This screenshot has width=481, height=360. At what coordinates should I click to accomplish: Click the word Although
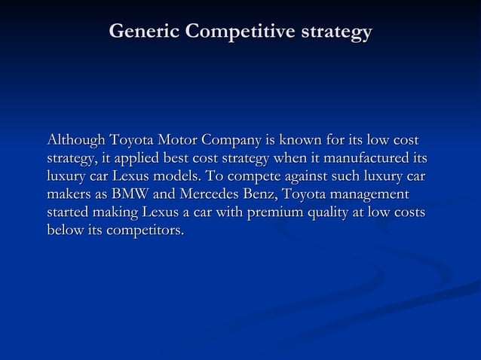tap(76, 140)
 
